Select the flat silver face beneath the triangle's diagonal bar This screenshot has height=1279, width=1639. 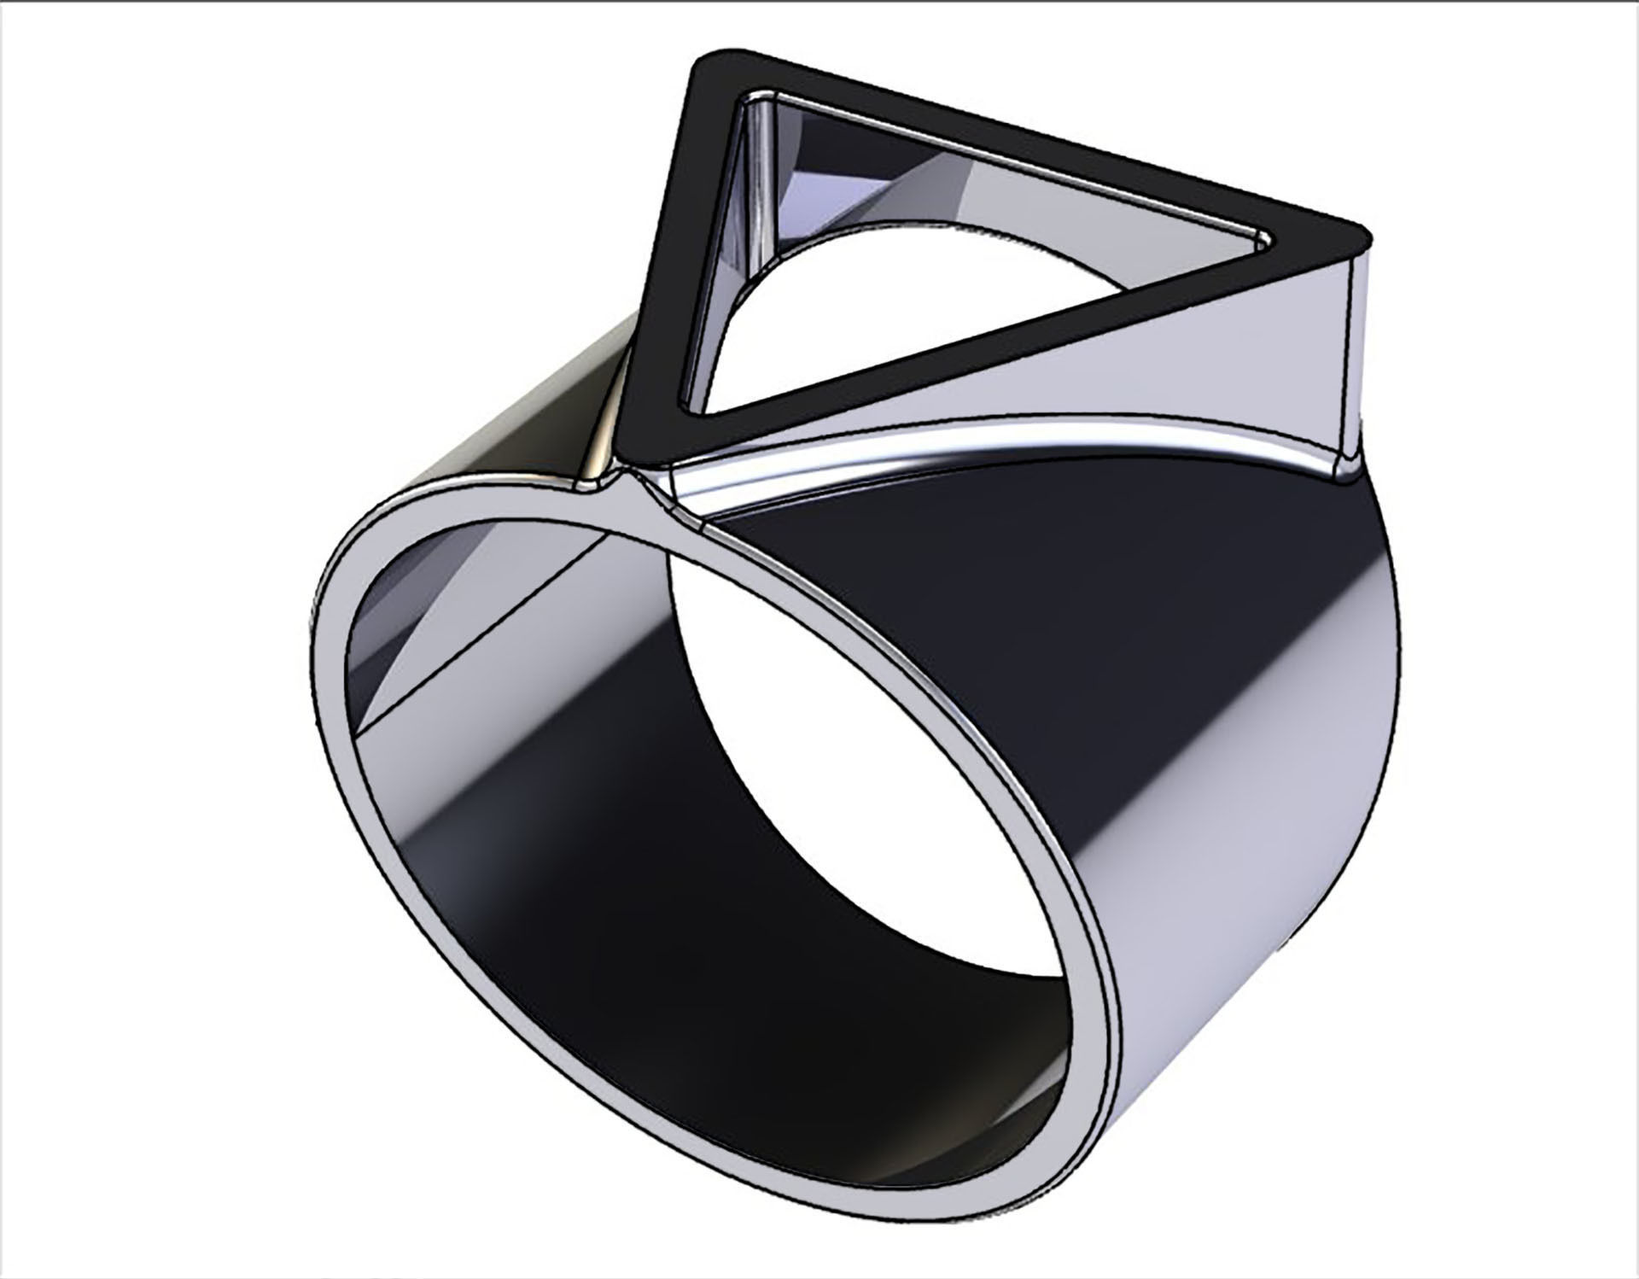click(1152, 376)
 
